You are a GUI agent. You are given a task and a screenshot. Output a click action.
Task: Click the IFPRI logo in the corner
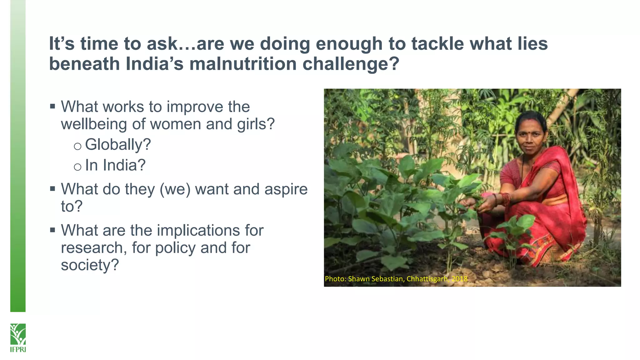click(x=18, y=338)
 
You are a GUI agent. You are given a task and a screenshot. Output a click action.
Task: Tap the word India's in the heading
click(x=154, y=64)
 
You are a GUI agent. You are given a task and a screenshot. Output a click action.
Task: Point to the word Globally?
click(x=118, y=145)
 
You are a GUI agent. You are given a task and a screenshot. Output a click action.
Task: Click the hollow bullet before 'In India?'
click(x=77, y=167)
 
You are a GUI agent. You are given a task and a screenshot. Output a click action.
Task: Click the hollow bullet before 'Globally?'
click(x=77, y=146)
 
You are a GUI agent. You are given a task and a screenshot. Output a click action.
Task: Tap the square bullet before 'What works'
click(x=52, y=107)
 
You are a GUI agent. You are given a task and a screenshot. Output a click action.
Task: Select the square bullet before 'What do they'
click(x=52, y=189)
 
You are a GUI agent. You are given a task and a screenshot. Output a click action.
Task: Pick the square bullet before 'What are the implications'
click(x=52, y=230)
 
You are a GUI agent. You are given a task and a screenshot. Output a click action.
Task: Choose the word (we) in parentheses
click(x=175, y=189)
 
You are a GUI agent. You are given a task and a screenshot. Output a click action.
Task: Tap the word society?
click(x=90, y=265)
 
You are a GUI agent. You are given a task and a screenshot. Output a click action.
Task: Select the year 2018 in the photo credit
click(x=459, y=278)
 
